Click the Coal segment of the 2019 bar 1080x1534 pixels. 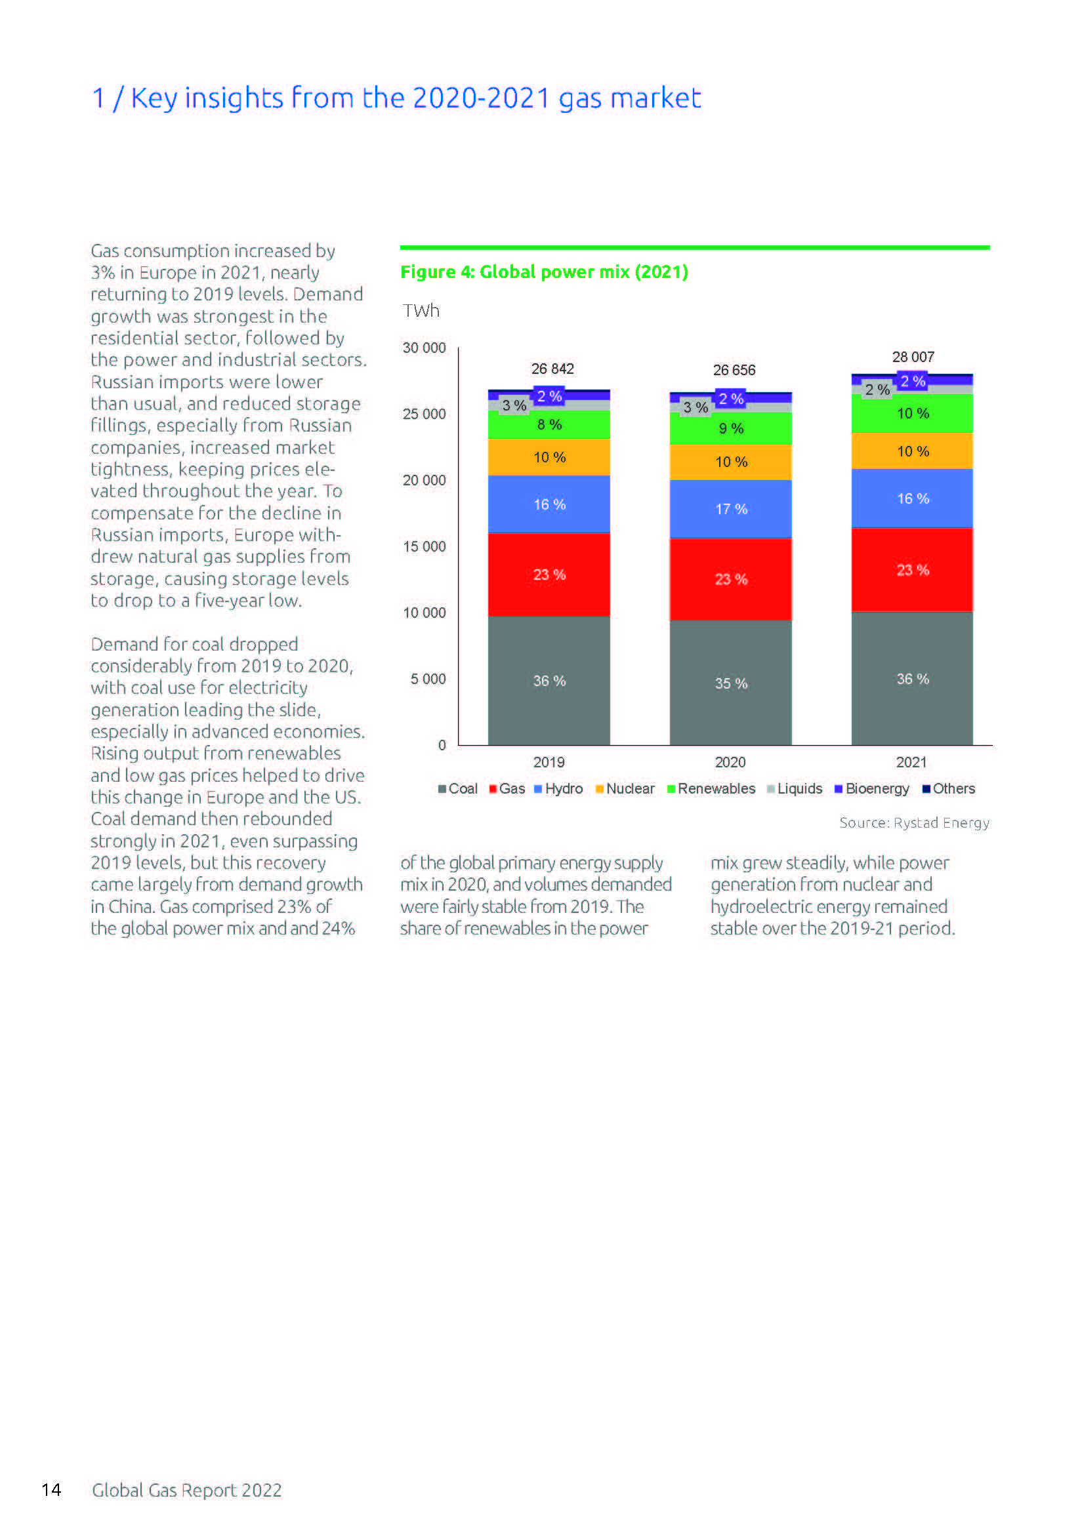coord(548,680)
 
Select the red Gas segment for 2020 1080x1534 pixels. coord(730,578)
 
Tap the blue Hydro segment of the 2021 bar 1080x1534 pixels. coord(911,498)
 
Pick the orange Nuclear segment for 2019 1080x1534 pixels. coord(548,457)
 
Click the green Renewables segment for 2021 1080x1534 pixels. coord(911,413)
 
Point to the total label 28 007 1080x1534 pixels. coord(913,357)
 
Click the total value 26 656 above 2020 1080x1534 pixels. coord(734,369)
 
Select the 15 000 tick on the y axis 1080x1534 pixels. coord(424,546)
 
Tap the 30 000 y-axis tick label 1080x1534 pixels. coord(424,348)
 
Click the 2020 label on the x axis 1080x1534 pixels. coord(730,762)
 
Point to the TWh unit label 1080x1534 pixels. coord(421,311)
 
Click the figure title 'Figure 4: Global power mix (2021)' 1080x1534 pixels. coord(544,272)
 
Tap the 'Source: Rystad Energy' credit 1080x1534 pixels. coord(913,822)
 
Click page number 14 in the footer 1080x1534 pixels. coord(51,1489)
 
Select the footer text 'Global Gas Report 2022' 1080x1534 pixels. coord(186,1490)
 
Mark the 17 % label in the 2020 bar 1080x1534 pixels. coord(731,509)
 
